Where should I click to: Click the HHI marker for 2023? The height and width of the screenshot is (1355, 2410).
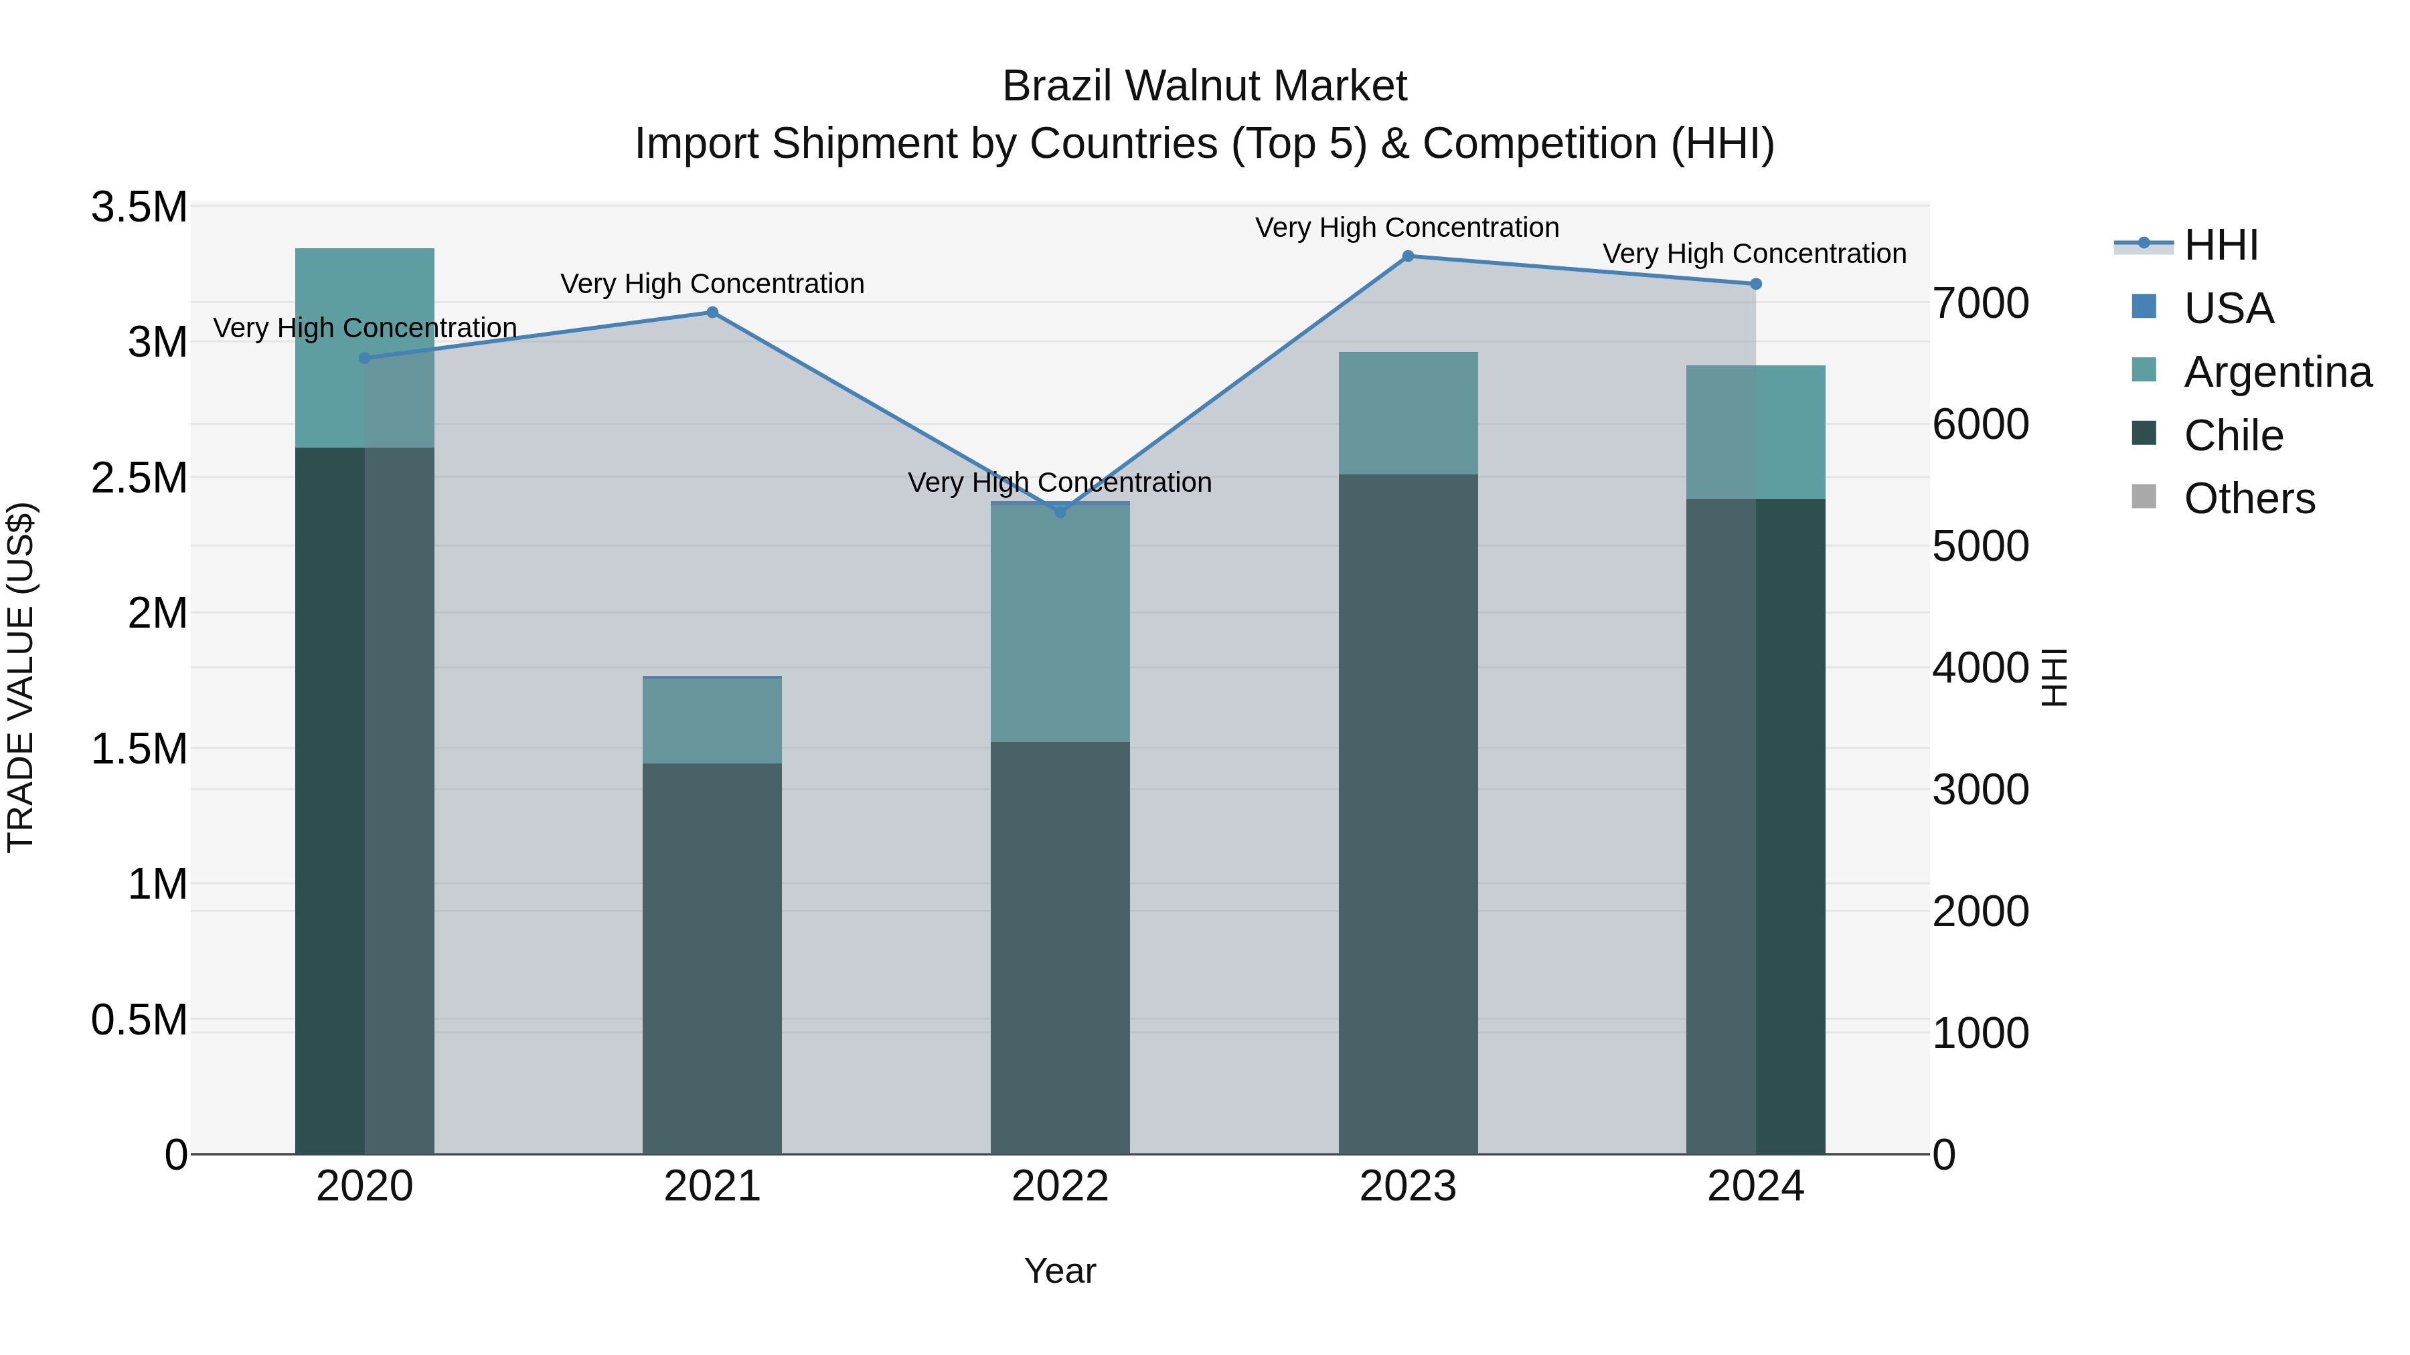[1408, 256]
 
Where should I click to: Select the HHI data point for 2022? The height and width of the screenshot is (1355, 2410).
[1060, 511]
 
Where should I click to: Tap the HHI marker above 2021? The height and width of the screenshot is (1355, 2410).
[712, 312]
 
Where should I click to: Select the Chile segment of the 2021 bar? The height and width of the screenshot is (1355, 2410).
[712, 958]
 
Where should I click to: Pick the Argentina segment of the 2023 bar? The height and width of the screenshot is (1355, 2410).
[1408, 414]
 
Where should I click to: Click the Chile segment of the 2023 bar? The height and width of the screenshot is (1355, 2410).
[1408, 814]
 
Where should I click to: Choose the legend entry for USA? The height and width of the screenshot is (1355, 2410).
[2229, 308]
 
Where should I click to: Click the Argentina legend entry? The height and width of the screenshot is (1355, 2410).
[2277, 372]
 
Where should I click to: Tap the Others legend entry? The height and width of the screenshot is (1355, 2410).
[2249, 499]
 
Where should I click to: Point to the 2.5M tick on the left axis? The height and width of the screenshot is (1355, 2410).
[139, 478]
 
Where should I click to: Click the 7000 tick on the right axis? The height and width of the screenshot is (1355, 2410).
[1981, 304]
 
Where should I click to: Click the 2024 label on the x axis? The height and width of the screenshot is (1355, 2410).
[1755, 1186]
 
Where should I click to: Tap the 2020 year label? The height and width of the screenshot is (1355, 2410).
[365, 1186]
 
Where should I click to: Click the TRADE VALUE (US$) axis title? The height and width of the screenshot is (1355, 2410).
[21, 678]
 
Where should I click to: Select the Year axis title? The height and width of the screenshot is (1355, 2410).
[1060, 1271]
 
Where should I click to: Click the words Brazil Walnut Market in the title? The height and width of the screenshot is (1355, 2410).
[1204, 86]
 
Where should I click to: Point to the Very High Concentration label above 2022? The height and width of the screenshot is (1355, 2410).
[1060, 482]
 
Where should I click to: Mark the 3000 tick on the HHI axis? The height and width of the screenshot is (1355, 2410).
[1981, 790]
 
